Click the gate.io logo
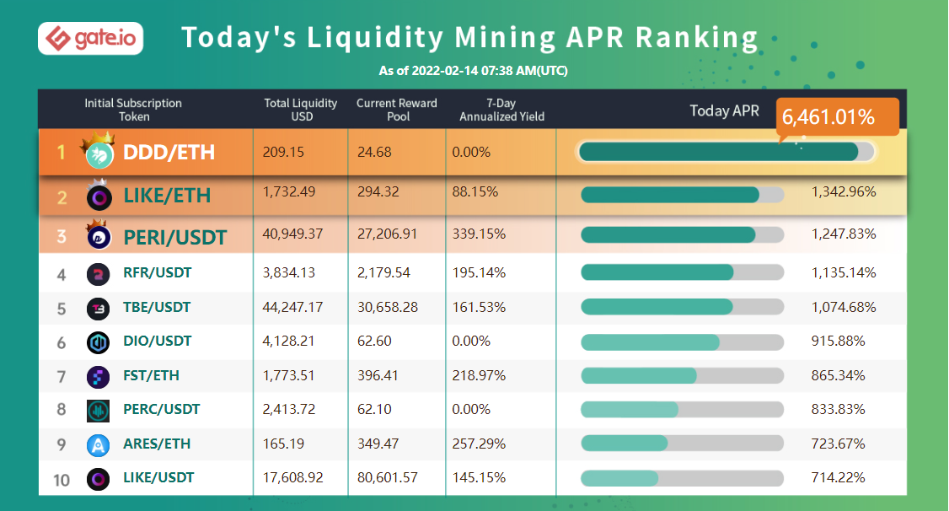coord(91,38)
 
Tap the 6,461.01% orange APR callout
coord(837,116)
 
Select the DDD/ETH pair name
coord(169,152)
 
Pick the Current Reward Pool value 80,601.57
coord(387,477)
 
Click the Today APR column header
coord(724,110)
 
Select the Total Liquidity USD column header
coord(301,110)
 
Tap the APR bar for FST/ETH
coord(639,375)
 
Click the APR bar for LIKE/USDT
coord(619,478)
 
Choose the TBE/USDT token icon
coord(99,309)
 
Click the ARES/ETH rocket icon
coord(99,444)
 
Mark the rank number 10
coord(62,480)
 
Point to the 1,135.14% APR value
coord(844,272)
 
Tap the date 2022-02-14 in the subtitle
coord(448,71)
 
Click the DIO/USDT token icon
coord(99,342)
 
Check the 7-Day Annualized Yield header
coord(501,110)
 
